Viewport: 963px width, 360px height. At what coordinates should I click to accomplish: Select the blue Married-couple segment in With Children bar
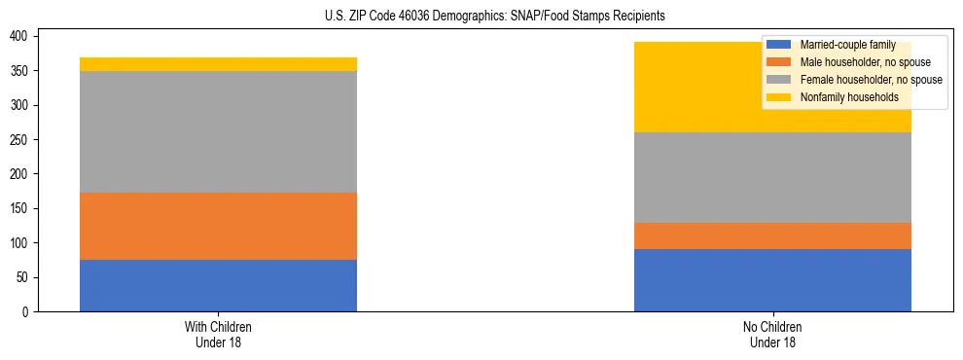tap(218, 285)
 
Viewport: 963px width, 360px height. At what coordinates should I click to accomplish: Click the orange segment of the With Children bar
tap(218, 226)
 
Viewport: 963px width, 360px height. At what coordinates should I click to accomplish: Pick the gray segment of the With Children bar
tap(218, 131)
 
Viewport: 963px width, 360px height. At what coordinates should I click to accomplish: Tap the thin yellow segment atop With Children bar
tap(218, 64)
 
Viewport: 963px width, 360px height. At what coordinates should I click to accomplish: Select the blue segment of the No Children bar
tap(772, 280)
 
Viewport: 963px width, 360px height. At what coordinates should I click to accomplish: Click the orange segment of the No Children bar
tap(772, 235)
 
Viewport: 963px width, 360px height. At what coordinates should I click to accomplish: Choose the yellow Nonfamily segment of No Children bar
tap(681, 88)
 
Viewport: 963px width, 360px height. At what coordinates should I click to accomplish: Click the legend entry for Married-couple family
tap(845, 45)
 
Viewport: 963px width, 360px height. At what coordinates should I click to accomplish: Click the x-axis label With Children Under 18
tap(218, 334)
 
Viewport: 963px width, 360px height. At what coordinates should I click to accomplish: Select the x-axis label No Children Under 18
tap(772, 334)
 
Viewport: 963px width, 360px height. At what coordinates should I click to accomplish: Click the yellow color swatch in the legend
tap(779, 97)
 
